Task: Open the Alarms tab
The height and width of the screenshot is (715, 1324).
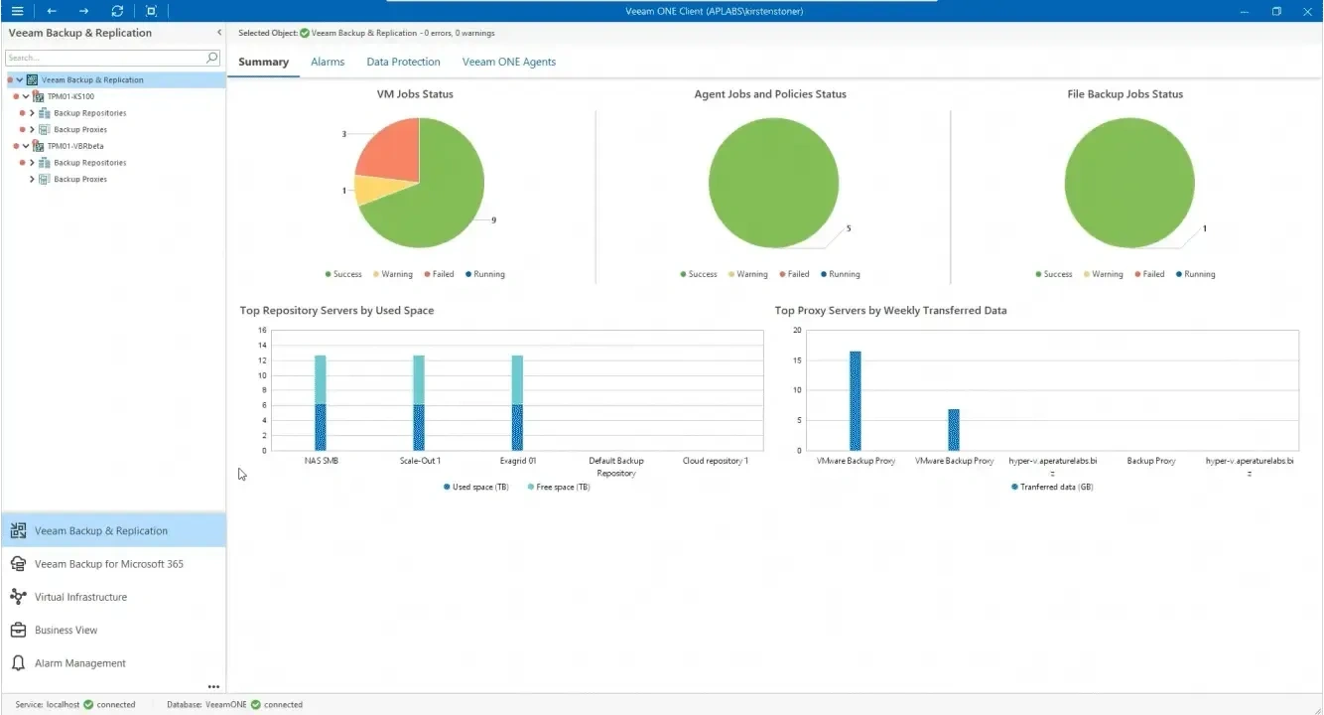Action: (x=328, y=62)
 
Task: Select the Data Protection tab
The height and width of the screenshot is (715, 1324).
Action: (x=403, y=62)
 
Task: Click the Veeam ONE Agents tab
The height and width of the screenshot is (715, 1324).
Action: (x=508, y=62)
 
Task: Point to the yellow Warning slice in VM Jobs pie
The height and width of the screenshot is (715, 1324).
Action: (x=372, y=188)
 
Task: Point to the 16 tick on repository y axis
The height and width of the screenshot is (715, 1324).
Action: (x=262, y=330)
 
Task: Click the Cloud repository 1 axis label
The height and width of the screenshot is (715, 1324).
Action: (x=715, y=461)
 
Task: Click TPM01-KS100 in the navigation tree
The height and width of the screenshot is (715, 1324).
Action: (x=70, y=96)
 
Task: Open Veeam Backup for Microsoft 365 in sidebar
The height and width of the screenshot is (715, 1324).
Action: (x=108, y=564)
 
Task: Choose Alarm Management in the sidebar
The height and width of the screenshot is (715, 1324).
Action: (x=79, y=663)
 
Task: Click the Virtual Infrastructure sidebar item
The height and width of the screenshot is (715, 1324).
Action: (x=80, y=597)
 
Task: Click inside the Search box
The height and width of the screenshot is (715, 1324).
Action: (x=104, y=58)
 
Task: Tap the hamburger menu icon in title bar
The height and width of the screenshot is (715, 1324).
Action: (x=17, y=11)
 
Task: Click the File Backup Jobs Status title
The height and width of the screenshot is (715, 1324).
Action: (x=1125, y=94)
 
